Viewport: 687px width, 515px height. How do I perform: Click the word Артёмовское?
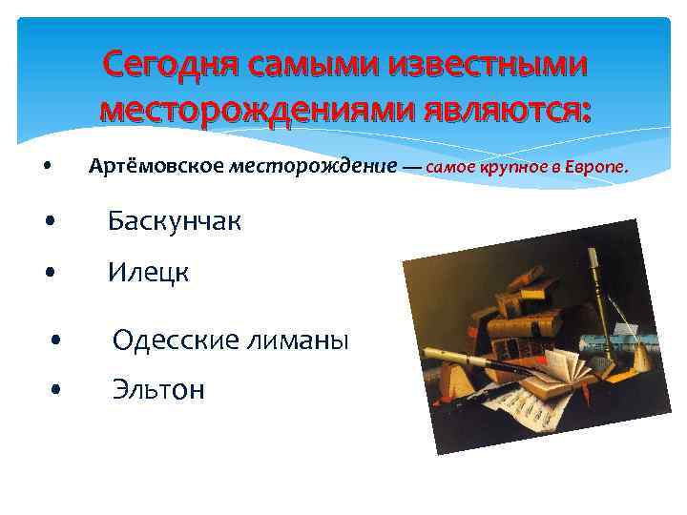156,168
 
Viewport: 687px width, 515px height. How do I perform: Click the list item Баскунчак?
174,222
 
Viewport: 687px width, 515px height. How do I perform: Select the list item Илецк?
148,273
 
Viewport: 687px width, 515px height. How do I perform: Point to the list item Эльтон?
158,389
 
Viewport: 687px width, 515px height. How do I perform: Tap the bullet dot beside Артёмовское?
47,169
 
